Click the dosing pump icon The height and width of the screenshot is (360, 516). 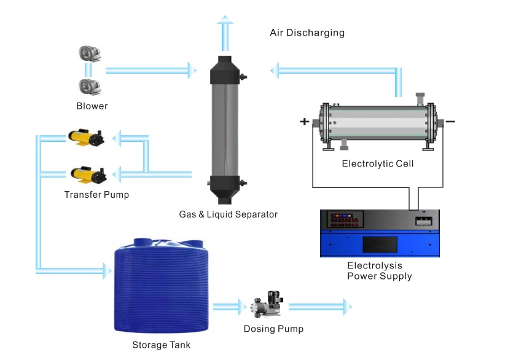click(x=265, y=307)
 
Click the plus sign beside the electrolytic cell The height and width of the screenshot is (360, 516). click(x=304, y=122)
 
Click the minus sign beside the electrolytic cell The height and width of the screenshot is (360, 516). click(x=451, y=122)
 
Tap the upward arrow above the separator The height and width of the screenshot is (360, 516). click(x=227, y=34)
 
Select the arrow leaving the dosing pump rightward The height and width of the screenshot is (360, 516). click(x=320, y=306)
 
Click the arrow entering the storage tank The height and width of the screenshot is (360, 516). click(x=74, y=269)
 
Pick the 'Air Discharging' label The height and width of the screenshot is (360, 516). click(x=307, y=33)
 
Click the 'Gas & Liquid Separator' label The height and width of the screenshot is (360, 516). click(x=228, y=214)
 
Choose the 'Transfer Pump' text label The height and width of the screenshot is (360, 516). click(x=96, y=195)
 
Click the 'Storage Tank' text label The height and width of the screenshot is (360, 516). click(x=162, y=345)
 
